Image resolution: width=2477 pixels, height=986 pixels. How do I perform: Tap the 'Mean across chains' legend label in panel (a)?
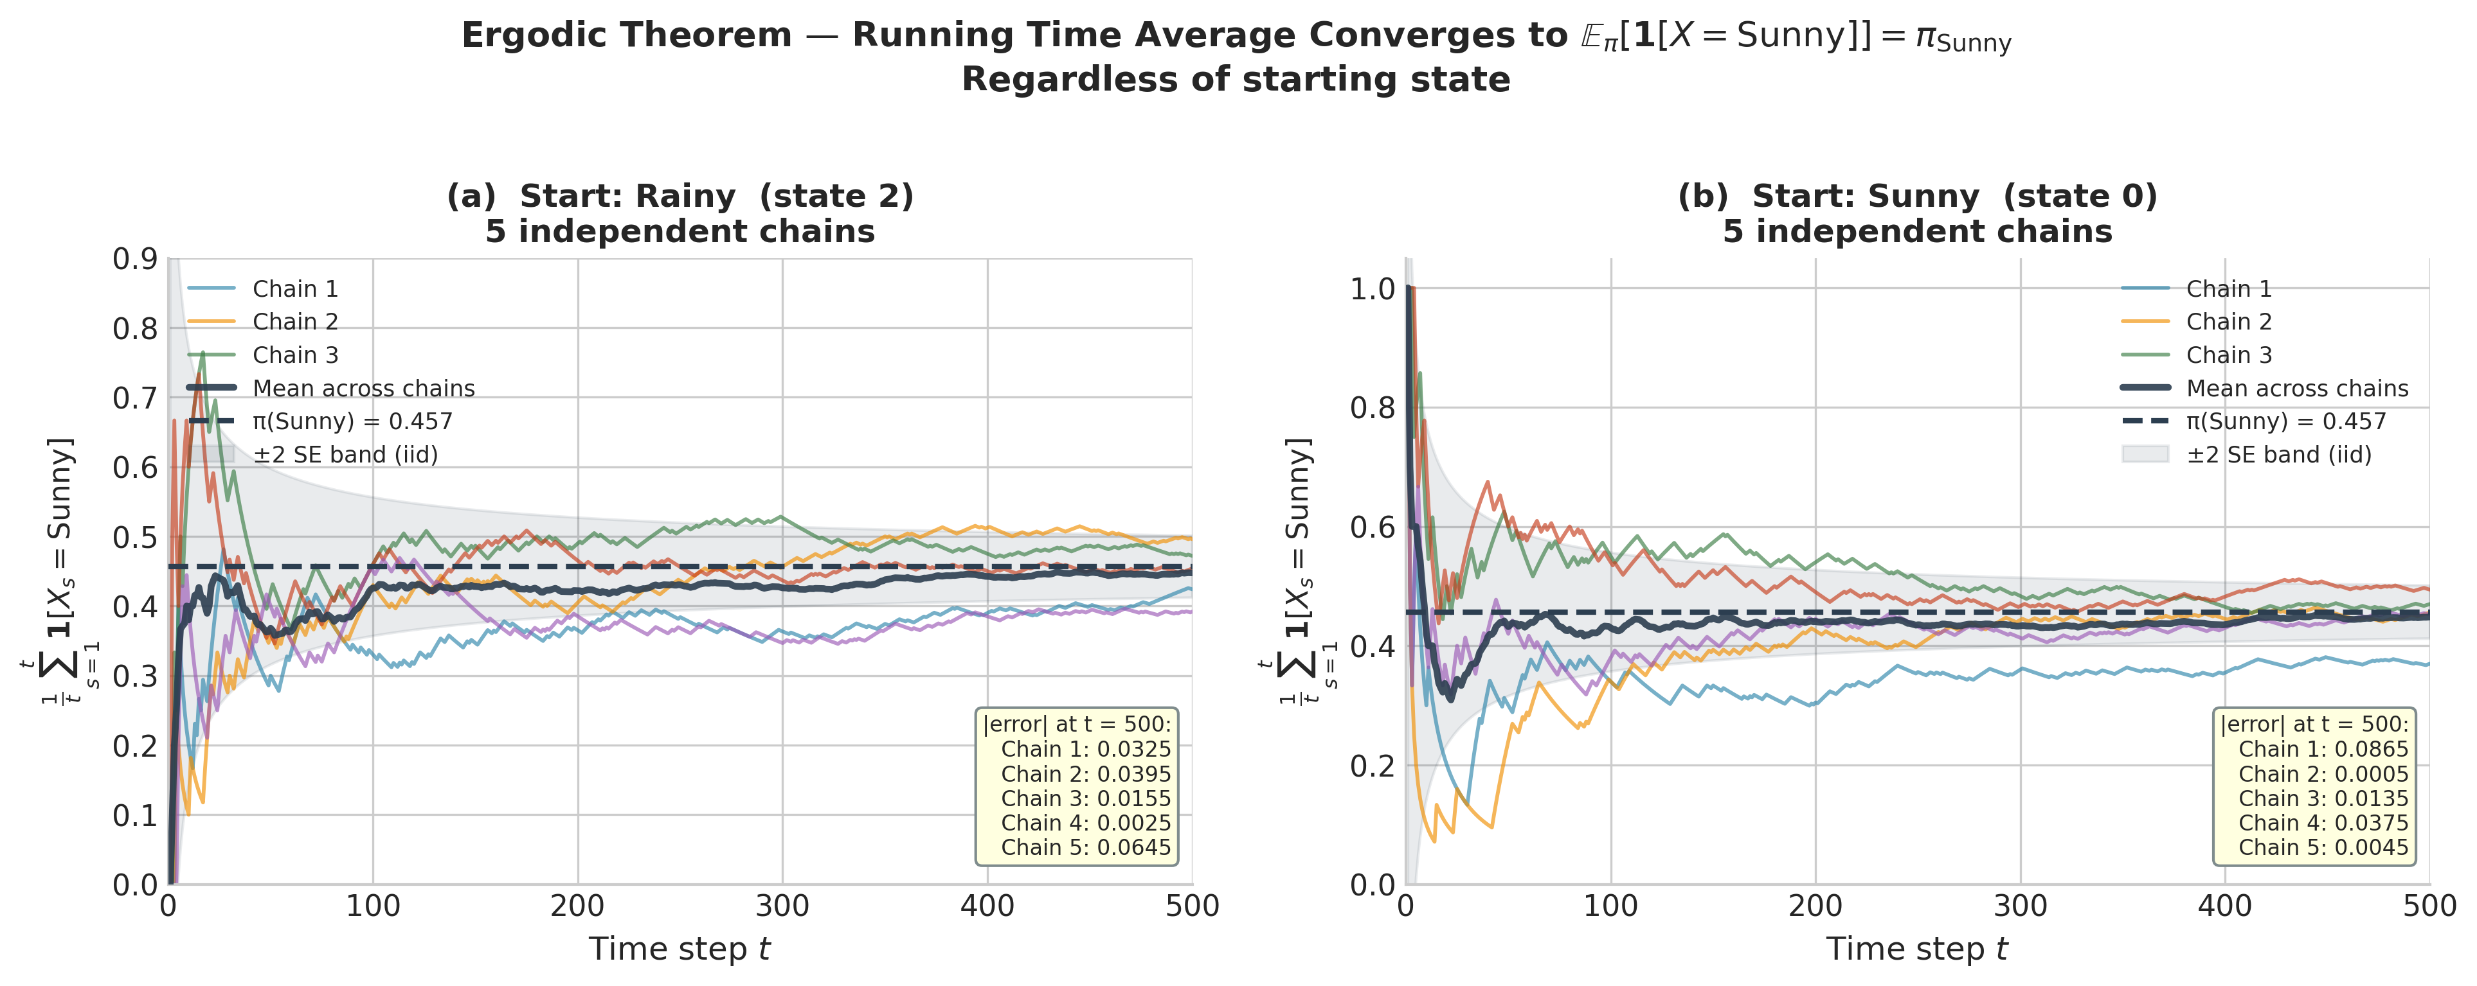[363, 388]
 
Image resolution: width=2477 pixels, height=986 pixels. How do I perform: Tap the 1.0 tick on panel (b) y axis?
[1372, 288]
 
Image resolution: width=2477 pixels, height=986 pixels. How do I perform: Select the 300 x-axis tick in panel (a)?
[782, 906]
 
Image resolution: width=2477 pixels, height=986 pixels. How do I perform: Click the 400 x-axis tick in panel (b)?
[2224, 906]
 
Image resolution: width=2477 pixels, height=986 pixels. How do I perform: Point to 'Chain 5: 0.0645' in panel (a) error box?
[1086, 848]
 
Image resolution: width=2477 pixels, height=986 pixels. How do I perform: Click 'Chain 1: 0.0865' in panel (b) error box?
[2323, 750]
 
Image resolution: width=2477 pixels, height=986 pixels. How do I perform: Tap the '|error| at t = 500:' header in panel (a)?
[1077, 725]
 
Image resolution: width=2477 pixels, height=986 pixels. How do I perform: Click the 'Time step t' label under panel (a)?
[680, 949]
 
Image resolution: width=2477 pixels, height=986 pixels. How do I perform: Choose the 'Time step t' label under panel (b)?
[1916, 949]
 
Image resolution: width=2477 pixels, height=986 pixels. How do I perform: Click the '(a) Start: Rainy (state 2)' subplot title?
[680, 196]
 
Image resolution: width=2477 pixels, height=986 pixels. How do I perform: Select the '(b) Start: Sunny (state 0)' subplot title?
[1917, 196]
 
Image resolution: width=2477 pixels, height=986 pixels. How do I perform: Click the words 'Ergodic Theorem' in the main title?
[626, 35]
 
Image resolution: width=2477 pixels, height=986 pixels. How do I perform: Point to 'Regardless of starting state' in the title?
[1236, 80]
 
